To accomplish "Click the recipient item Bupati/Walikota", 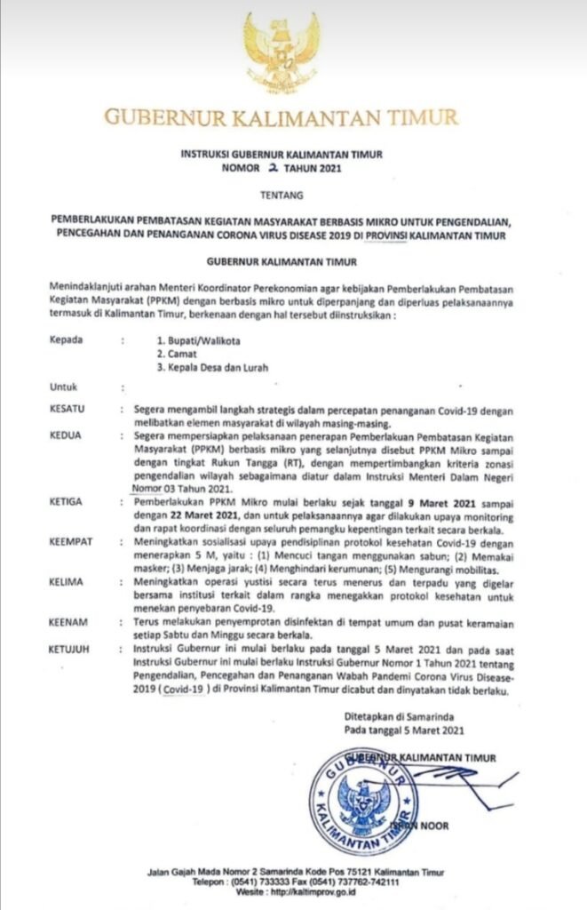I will click(196, 340).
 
